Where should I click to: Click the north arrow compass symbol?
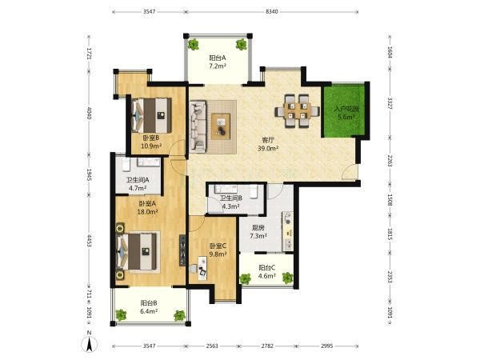point(89,344)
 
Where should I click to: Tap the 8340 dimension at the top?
point(271,12)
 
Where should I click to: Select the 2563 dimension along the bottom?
point(212,346)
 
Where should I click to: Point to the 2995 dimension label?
point(326,346)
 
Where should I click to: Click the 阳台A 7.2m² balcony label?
point(218,62)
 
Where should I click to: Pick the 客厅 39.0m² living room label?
point(268,144)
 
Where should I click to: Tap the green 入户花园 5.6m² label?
point(346,113)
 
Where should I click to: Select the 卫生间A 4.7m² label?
point(138,184)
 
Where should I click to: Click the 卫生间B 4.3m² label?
point(231,202)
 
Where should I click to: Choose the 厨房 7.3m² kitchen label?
point(258,232)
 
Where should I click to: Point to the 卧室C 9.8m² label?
point(218,250)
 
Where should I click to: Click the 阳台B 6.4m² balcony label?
point(149,307)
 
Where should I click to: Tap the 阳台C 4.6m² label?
point(267,271)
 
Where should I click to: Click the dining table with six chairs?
point(298,111)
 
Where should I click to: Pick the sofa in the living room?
point(198,126)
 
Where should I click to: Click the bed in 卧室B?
point(151,115)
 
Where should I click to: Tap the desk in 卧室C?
point(202,268)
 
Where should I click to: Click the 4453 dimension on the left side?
point(89,241)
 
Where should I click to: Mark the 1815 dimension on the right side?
point(390,234)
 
